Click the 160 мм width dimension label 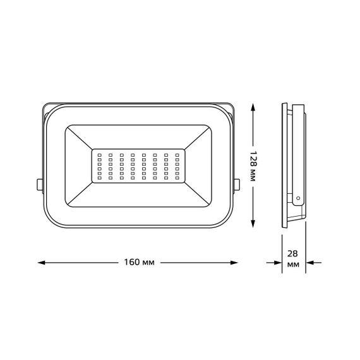139,261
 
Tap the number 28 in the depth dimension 293,253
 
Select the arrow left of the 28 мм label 275,261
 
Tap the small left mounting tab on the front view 39,184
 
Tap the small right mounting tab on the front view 238,184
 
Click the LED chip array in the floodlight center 139,167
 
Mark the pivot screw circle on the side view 297,198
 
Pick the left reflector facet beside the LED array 78,167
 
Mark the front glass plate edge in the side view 284,164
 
